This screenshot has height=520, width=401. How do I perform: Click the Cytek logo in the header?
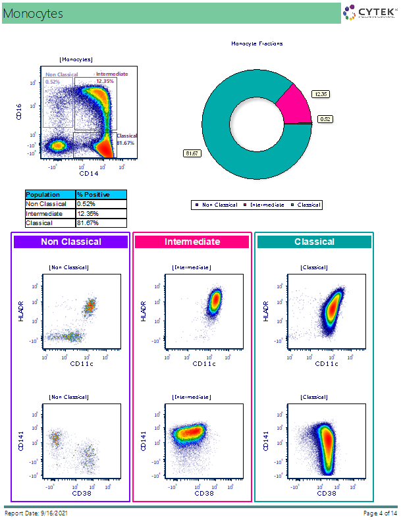click(x=369, y=13)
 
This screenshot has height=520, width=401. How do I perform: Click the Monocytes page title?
click(x=33, y=13)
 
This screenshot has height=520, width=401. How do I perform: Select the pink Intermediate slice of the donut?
click(x=294, y=104)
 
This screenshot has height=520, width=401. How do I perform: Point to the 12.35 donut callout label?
click(x=321, y=94)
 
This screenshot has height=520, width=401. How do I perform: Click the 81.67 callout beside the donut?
click(x=192, y=153)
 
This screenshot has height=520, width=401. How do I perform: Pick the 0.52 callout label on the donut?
click(x=325, y=119)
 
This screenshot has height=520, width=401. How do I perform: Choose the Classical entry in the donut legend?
click(x=308, y=205)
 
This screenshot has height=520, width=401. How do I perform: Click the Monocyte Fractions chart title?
click(x=257, y=44)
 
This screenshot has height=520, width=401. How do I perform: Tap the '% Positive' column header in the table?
click(x=100, y=195)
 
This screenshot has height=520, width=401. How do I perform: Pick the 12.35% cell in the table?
click(x=100, y=214)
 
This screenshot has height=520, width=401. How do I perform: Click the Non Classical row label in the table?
click(x=50, y=204)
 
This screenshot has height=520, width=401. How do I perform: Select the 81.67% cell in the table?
click(x=100, y=223)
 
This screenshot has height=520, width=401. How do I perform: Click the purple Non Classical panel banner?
click(x=71, y=242)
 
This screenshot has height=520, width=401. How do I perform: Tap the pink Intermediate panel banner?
click(x=192, y=242)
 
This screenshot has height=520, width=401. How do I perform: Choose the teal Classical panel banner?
click(x=314, y=242)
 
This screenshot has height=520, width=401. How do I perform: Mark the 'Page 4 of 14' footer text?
click(x=380, y=513)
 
